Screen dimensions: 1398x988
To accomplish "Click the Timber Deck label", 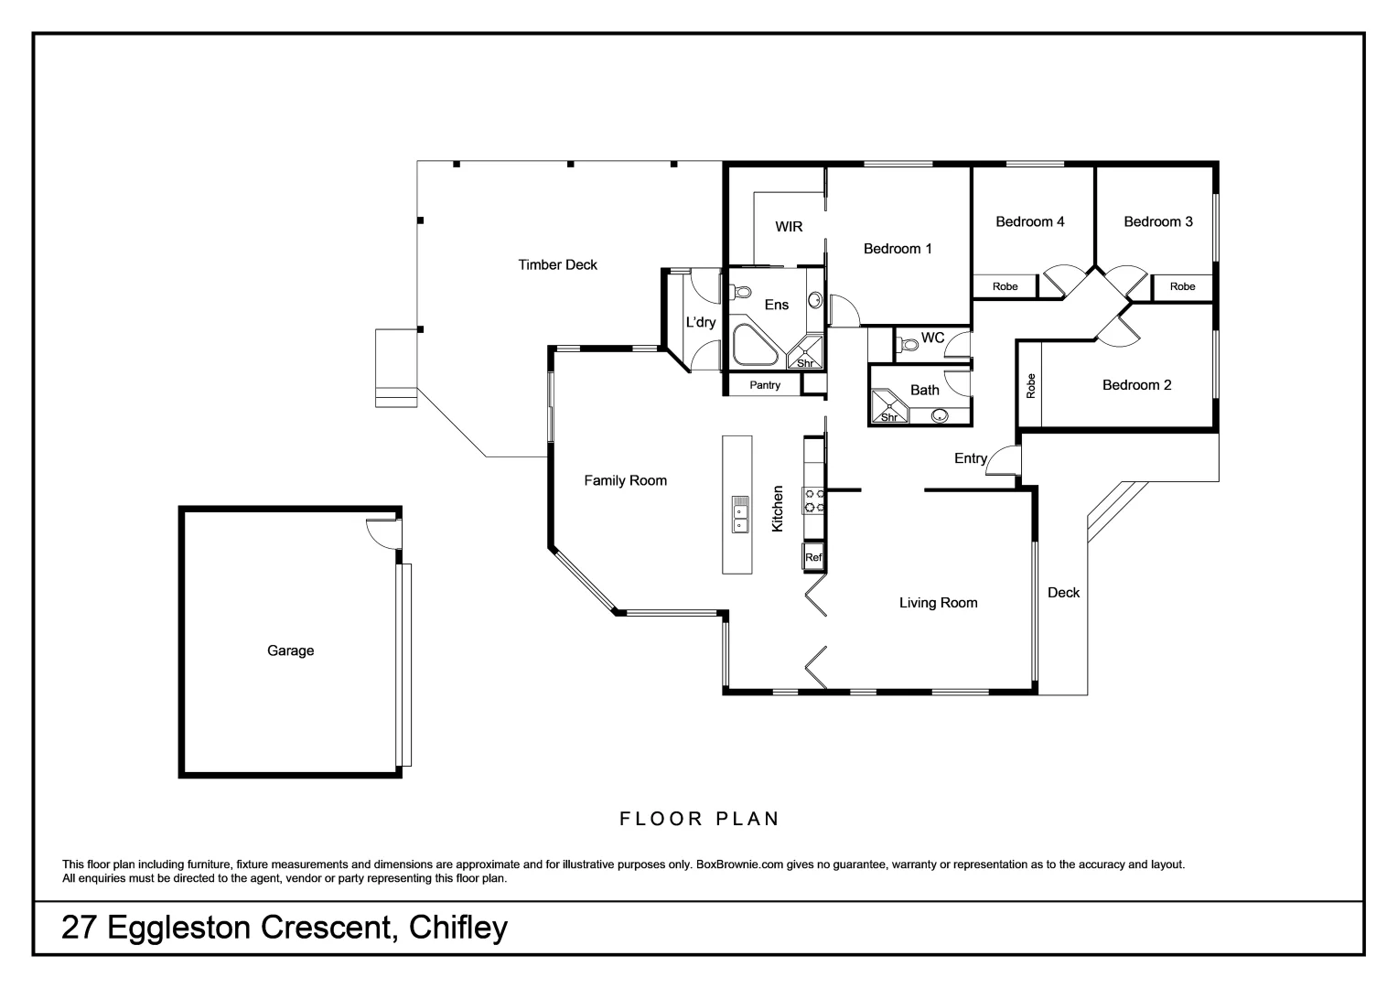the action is pos(557,265).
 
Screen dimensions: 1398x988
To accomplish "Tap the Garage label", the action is pos(290,651).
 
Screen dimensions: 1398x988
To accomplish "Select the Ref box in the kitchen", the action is pos(813,556).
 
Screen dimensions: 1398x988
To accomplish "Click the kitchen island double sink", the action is pos(739,513).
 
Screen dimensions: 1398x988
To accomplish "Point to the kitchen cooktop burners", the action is pos(813,500).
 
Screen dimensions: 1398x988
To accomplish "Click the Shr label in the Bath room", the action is pos(889,417).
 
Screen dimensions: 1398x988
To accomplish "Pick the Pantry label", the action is pos(765,385).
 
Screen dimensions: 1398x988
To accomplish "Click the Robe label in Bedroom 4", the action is pos(1005,286).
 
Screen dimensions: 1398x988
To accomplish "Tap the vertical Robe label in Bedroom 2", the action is pos(1031,385).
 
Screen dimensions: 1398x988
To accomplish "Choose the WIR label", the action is pos(789,227).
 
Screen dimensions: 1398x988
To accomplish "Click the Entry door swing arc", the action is pos(1004,457).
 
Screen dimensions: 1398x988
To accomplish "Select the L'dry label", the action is pos(701,322).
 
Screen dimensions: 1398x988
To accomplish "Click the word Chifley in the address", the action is pos(458,928).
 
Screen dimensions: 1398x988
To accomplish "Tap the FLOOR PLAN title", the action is pos(700,819).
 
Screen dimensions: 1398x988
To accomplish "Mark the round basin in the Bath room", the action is pos(939,416).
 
